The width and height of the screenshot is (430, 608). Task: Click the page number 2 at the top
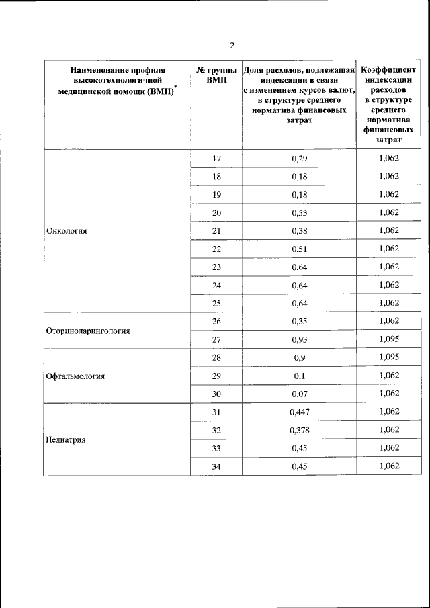[x=232, y=46]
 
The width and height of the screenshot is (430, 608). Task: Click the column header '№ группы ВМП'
[x=216, y=75]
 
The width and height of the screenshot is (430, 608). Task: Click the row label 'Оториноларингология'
[x=87, y=331]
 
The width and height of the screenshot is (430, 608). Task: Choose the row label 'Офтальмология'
[x=75, y=376]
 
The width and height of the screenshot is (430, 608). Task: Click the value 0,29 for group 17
[x=299, y=158]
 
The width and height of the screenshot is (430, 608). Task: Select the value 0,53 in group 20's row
[x=299, y=212]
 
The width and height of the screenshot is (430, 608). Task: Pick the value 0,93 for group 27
[x=299, y=339]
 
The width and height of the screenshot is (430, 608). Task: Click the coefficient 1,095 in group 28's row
[x=389, y=357]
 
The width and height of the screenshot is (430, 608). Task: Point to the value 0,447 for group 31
[x=299, y=412]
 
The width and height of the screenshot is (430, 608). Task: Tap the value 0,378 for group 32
[x=299, y=430]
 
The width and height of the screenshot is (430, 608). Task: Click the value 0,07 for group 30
[x=299, y=394]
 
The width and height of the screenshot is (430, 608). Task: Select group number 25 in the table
[x=216, y=303]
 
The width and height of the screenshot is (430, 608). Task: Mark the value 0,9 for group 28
[x=299, y=357]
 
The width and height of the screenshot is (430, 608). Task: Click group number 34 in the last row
[x=216, y=466]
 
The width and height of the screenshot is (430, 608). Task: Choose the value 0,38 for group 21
[x=299, y=230]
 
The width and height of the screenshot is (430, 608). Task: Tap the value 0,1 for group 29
[x=299, y=376]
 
